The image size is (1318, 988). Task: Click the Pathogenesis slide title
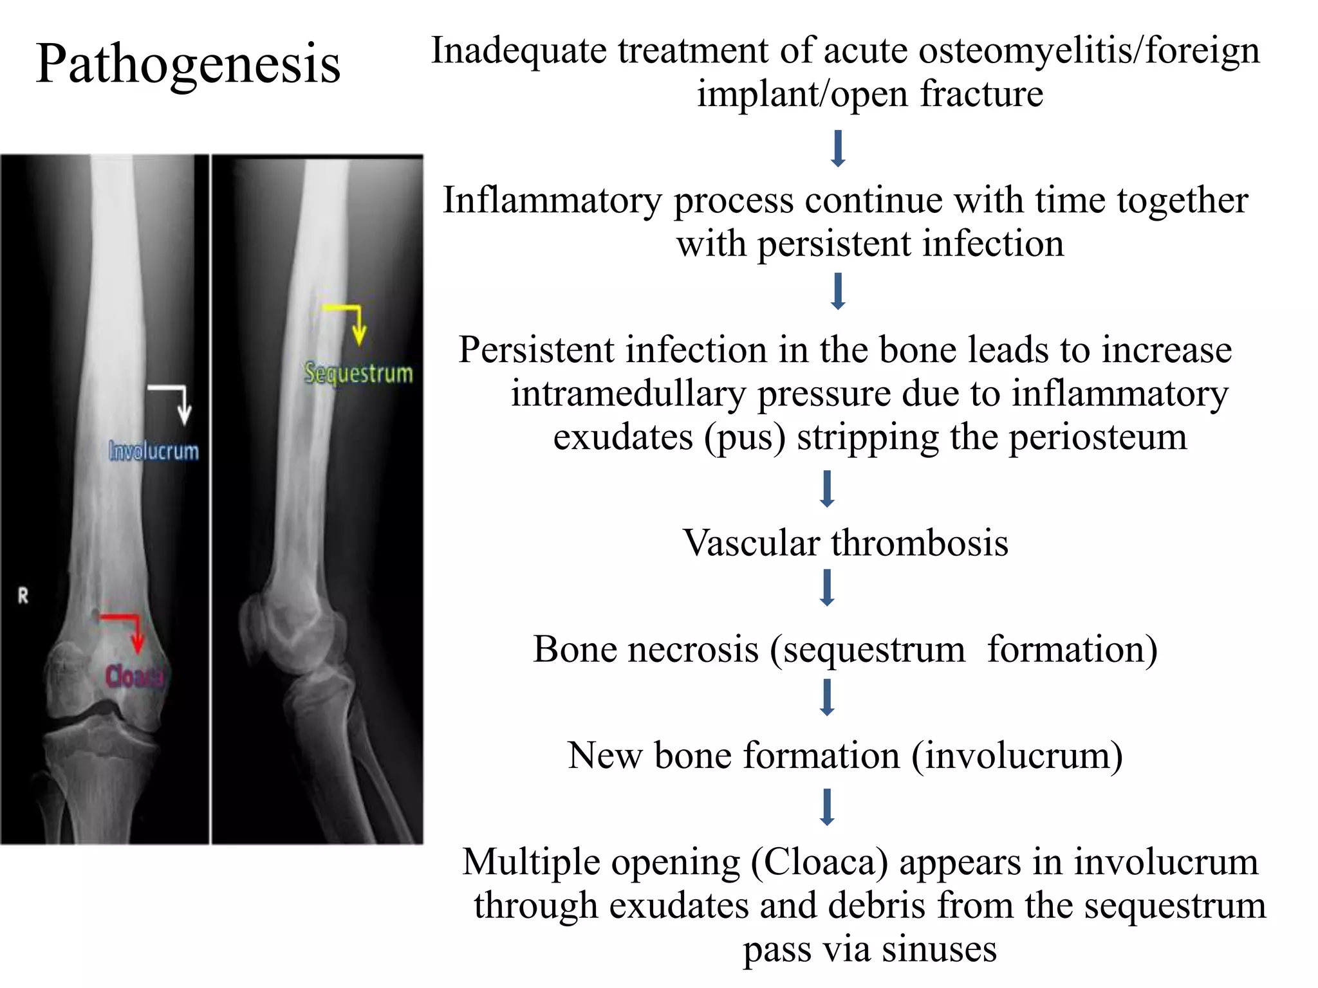(188, 64)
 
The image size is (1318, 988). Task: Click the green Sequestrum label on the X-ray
(358, 373)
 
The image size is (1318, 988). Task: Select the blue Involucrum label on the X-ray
(154, 451)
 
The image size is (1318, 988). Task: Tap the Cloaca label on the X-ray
(134, 676)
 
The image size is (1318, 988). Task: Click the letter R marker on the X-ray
(23, 596)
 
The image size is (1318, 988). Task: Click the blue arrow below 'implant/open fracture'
(838, 149)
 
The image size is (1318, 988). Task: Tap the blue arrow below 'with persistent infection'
(838, 291)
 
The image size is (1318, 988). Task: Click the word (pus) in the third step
(745, 437)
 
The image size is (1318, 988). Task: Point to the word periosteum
(1097, 437)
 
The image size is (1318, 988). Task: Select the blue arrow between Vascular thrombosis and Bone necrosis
(828, 587)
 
